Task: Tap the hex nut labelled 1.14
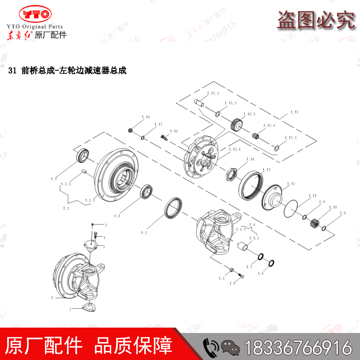click(x=231, y=173)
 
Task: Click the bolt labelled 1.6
click(x=240, y=276)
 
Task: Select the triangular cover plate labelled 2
click(x=89, y=307)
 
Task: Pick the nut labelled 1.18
click(x=130, y=130)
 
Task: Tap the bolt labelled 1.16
click(x=163, y=136)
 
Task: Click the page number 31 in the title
click(x=12, y=71)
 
